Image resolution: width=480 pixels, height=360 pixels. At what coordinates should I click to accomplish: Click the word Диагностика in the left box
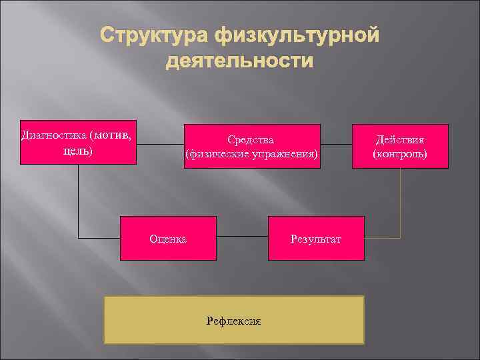55,135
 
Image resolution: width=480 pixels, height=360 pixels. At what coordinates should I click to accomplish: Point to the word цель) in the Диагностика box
77,151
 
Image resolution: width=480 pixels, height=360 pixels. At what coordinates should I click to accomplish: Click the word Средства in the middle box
251,139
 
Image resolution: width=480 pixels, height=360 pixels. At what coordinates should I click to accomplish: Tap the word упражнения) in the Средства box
284,154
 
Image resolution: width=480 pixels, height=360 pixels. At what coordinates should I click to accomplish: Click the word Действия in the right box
400,139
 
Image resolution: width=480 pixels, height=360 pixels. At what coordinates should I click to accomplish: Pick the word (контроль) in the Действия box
400,154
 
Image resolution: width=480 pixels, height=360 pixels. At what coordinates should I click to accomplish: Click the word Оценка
168,238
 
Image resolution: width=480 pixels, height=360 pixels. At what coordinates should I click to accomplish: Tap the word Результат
316,238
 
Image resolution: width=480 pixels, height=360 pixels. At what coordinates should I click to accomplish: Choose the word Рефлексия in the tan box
234,321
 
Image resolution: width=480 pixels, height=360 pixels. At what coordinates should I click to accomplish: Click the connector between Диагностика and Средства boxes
160,145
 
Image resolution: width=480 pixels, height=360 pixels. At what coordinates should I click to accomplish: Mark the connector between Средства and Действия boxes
335,145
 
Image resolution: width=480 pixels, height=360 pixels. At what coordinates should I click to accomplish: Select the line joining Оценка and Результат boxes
242,237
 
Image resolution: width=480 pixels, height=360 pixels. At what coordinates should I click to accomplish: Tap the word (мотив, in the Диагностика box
113,135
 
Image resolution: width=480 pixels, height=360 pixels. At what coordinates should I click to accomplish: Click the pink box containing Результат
316,227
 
